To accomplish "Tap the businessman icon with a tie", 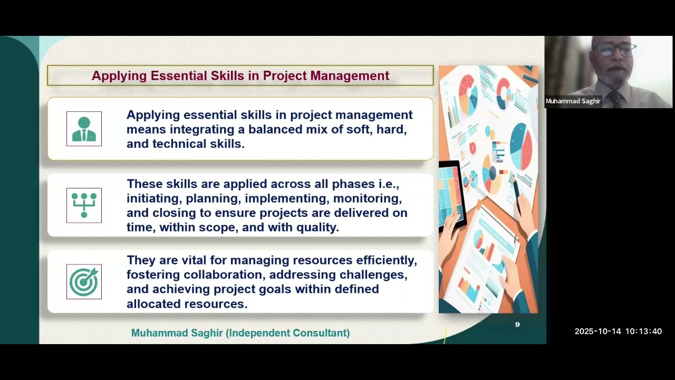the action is (84, 129).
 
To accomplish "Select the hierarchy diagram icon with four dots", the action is (84, 205).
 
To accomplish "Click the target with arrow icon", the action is (84, 281).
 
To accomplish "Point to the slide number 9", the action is (517, 325).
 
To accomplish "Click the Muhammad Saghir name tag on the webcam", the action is (573, 101).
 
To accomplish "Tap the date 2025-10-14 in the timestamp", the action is (597, 331).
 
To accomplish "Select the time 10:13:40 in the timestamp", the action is (644, 331).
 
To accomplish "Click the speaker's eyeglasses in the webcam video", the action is (615, 49).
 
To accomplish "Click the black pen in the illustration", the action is (517, 196).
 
